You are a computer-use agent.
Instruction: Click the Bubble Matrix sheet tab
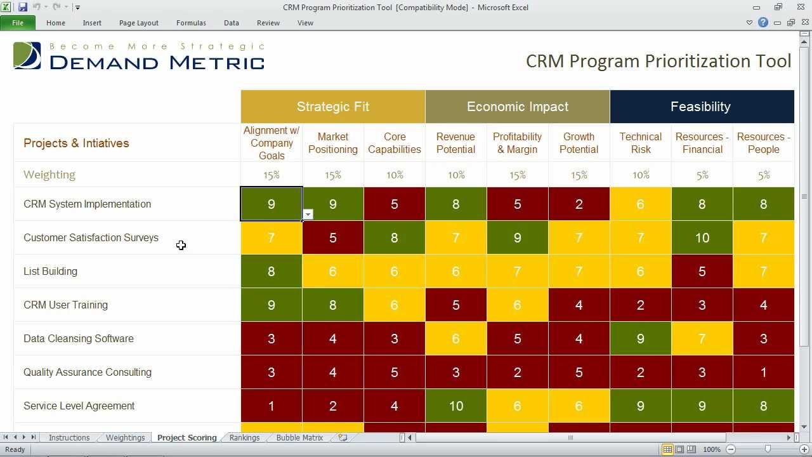(x=299, y=437)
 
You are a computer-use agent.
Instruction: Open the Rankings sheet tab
(x=244, y=437)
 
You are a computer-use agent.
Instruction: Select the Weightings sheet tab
(x=125, y=437)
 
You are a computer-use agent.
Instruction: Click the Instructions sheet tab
(x=69, y=437)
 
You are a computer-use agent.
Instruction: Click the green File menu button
(x=18, y=23)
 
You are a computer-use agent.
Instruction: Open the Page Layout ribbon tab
(x=138, y=23)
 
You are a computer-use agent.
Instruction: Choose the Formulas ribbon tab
(x=191, y=23)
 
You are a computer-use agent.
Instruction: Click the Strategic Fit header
(x=332, y=107)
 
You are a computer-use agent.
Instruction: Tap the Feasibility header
(x=700, y=107)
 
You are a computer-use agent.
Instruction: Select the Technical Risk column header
(x=640, y=143)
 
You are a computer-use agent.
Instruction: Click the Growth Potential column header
(x=579, y=143)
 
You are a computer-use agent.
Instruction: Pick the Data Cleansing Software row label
(x=79, y=338)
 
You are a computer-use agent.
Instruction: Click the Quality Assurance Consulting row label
(x=88, y=372)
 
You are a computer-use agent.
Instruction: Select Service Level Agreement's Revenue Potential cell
(x=456, y=406)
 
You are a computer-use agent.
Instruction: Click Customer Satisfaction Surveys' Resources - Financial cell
(x=702, y=237)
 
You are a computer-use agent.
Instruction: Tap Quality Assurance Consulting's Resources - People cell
(x=763, y=372)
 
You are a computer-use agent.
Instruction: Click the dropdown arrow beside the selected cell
(x=308, y=215)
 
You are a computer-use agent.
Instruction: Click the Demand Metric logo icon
(x=27, y=56)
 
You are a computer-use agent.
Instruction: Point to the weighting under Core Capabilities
(x=395, y=175)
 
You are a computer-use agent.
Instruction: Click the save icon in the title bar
(x=23, y=8)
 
